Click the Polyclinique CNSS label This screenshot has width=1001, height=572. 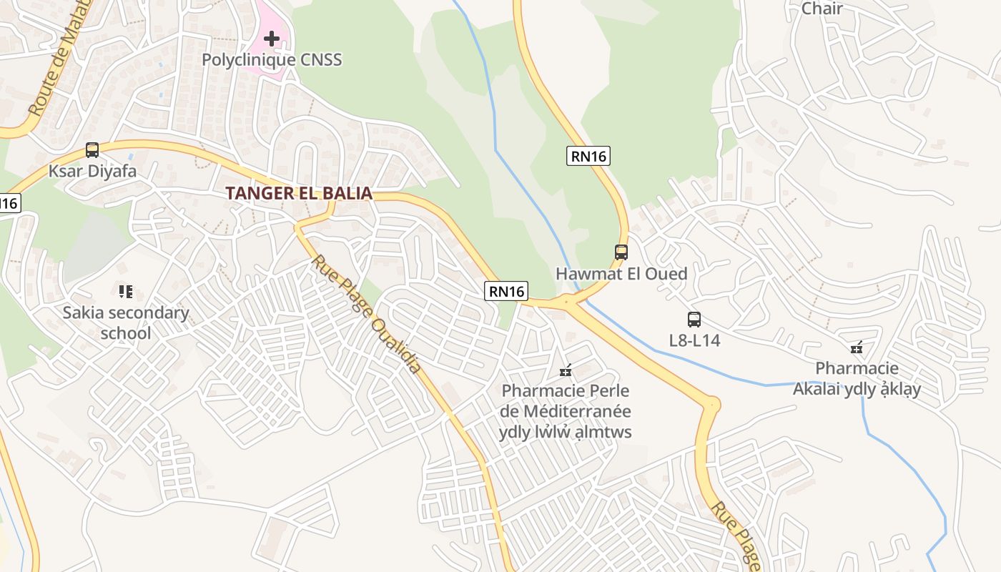[x=272, y=59]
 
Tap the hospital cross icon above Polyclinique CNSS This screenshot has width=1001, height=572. [x=272, y=38]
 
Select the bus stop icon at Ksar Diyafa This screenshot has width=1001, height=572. [x=92, y=150]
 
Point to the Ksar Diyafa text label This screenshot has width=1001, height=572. [x=92, y=172]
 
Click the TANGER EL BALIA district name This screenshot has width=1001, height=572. [x=299, y=193]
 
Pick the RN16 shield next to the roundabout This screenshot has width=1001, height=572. [x=506, y=291]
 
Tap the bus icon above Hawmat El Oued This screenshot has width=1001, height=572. [x=621, y=252]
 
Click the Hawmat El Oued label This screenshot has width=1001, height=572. [x=621, y=274]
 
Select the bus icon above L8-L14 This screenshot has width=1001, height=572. [x=694, y=320]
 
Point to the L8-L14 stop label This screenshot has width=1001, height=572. [x=694, y=340]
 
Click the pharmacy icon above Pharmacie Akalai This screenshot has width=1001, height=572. [x=857, y=348]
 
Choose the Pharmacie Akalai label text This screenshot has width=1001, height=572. [x=857, y=379]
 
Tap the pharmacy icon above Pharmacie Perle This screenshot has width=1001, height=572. [x=566, y=370]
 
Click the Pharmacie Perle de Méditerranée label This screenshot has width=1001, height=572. [x=566, y=411]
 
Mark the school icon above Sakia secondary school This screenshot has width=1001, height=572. [x=126, y=291]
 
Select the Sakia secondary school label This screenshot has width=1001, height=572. [x=126, y=322]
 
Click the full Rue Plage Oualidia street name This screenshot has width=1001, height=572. [x=365, y=315]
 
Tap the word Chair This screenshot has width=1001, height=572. [x=822, y=9]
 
